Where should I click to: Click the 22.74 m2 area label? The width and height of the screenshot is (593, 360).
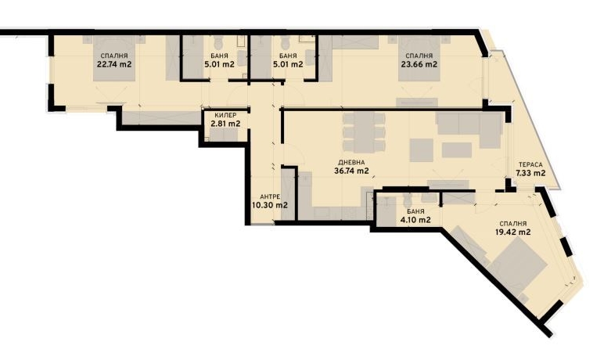point(113,65)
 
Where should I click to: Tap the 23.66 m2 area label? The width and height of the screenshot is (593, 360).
point(419,65)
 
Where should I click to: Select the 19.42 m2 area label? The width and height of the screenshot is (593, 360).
point(513,232)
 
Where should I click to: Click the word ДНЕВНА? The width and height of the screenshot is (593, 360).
point(351,161)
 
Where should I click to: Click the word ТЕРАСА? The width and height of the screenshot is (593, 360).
point(530,164)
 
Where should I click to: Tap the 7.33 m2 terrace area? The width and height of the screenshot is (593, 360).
point(530,174)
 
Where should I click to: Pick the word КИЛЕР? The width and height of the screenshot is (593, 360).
point(225,114)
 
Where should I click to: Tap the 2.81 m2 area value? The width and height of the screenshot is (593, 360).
point(225,124)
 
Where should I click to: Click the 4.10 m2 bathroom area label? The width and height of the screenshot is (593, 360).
point(415,221)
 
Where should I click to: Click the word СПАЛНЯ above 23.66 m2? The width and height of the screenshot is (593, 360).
point(419,56)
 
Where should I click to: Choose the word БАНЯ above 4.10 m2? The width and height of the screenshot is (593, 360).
point(415,211)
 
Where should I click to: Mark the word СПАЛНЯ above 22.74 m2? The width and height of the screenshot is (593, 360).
point(113,56)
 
